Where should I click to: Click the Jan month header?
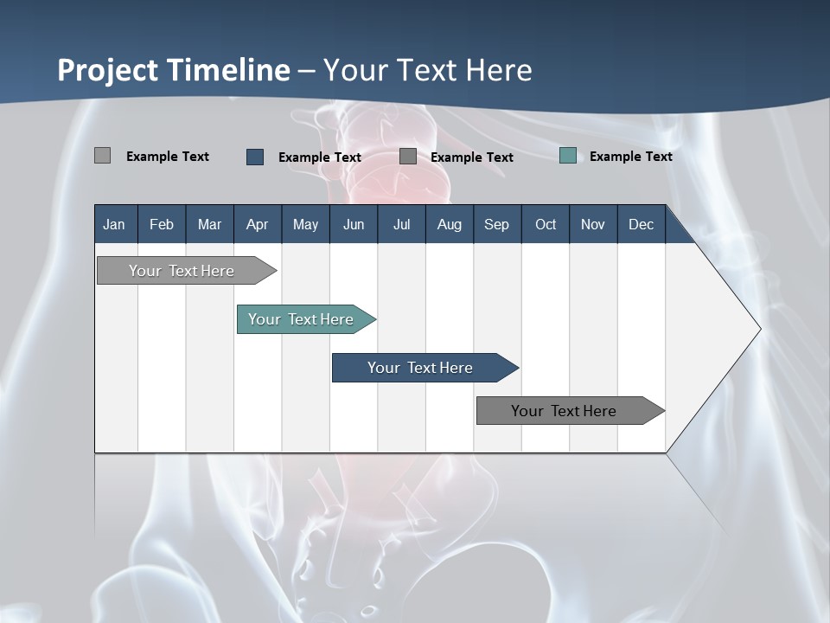click(114, 225)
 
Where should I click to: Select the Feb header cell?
click(162, 225)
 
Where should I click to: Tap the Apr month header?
click(257, 225)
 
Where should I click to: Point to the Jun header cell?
click(354, 225)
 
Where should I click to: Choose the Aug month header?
click(449, 225)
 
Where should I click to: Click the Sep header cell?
click(496, 225)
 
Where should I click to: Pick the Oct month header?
click(546, 225)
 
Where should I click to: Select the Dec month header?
click(641, 225)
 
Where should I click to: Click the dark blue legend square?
click(255, 157)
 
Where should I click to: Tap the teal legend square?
click(568, 156)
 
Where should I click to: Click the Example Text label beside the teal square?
click(630, 157)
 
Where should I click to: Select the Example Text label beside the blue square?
click(319, 157)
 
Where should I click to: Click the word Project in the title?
click(108, 70)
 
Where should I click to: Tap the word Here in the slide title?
click(499, 70)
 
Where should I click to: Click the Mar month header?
click(209, 225)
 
